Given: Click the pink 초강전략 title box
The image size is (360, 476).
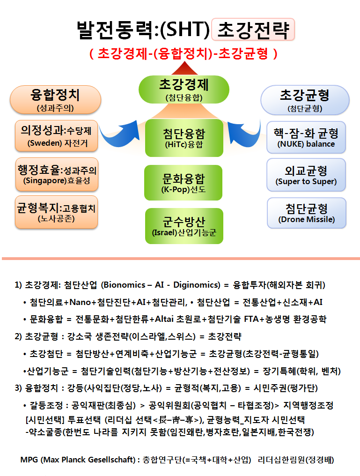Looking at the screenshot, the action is [x=253, y=30].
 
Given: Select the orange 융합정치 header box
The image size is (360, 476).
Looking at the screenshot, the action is [x=56, y=100].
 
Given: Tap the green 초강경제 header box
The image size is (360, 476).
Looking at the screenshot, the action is [x=184, y=89].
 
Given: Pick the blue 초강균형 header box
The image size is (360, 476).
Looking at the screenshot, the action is [x=305, y=100].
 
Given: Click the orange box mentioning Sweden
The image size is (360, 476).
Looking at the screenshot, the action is [x=57, y=136].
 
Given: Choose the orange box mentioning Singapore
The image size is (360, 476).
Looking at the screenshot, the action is [x=57, y=175].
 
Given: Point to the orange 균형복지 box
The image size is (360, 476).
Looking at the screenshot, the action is [x=57, y=212].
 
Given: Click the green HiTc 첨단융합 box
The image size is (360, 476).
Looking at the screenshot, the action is [x=184, y=138].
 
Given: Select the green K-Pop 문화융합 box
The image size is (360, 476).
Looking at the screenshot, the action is [x=183, y=183].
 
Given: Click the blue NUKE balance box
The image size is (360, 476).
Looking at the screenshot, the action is [x=306, y=137].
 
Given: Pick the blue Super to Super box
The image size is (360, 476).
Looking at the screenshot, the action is [x=306, y=175].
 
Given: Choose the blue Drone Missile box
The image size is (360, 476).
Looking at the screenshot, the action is [x=307, y=213].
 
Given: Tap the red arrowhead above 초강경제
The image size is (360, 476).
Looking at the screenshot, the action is [x=184, y=68].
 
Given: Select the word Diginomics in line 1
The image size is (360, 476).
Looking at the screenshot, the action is [x=195, y=285].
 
